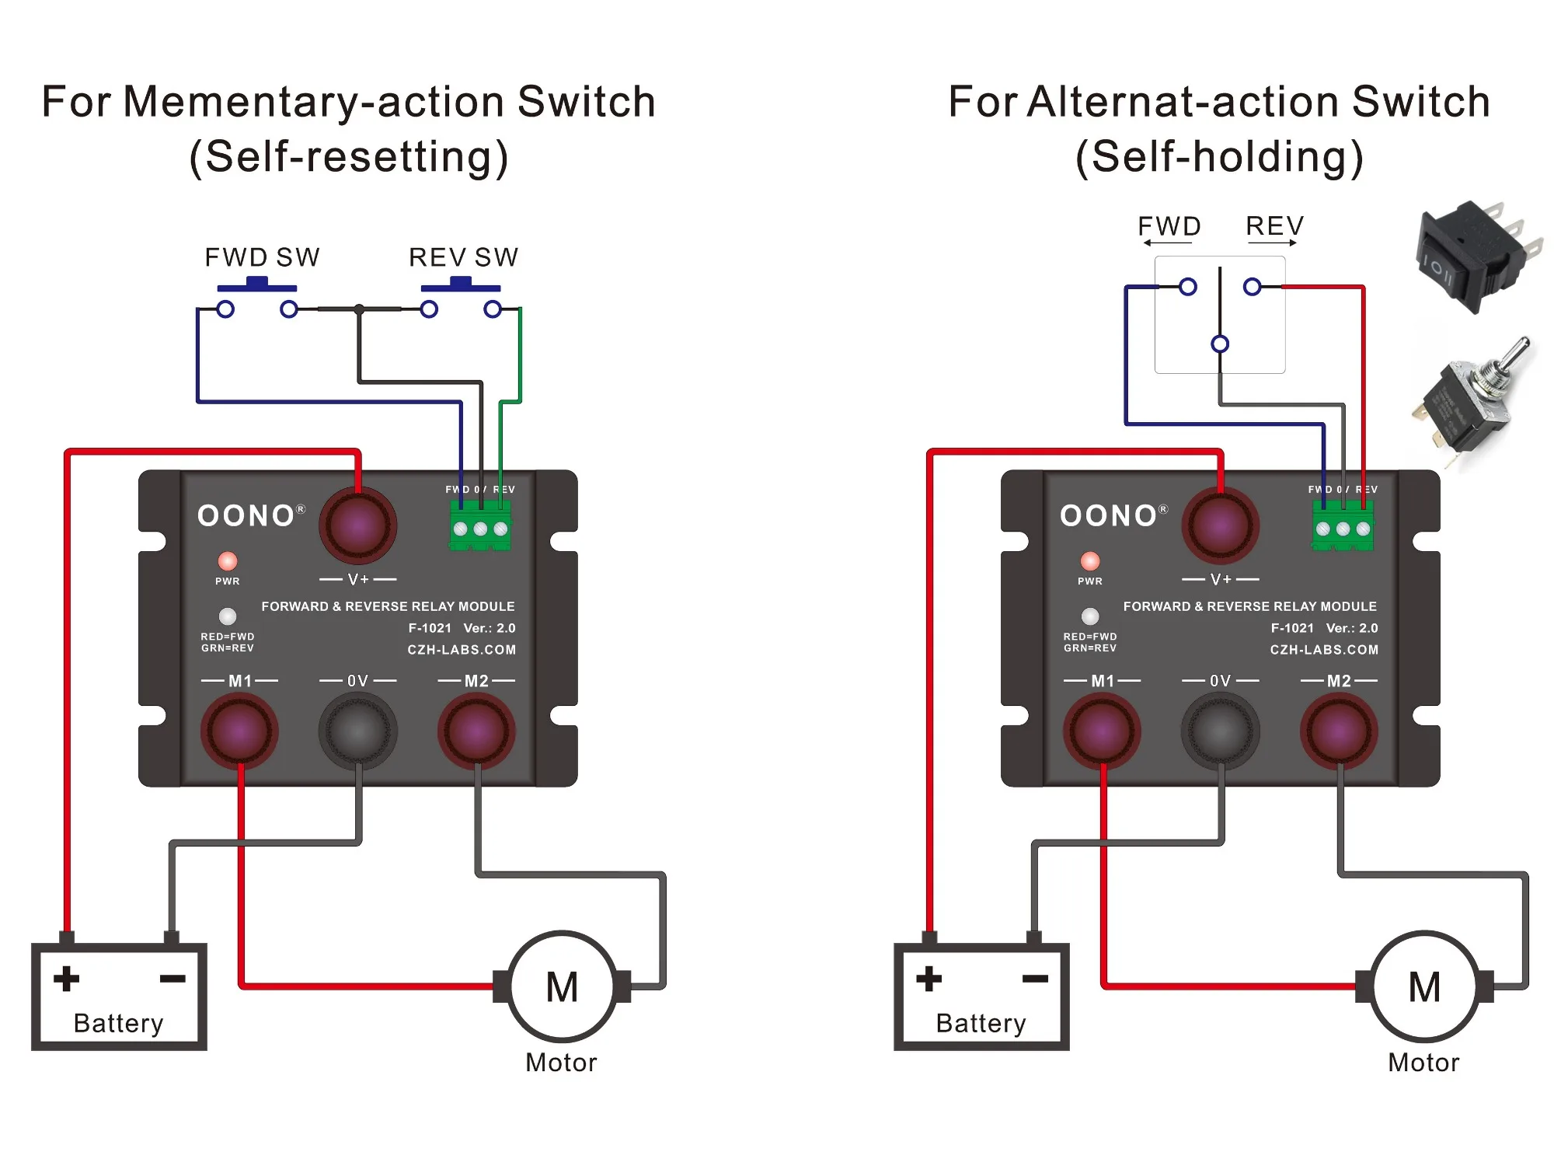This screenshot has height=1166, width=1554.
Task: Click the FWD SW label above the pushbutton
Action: coord(262,257)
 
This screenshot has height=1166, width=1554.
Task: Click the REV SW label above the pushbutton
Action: coord(463,257)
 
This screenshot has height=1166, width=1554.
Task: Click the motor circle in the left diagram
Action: coord(562,986)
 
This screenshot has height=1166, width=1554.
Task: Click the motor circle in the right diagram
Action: coord(1424,986)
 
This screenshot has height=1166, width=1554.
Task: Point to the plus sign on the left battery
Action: coord(67,979)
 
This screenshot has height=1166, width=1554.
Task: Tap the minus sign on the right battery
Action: coord(1035,979)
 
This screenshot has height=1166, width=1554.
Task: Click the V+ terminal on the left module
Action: coord(358,525)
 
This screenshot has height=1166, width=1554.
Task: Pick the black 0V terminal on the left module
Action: coord(358,731)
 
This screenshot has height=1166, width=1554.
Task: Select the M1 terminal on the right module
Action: coord(1102,731)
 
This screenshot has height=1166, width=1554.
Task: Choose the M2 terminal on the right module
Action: coord(1339,731)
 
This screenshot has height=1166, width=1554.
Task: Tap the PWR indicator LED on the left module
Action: coord(228,561)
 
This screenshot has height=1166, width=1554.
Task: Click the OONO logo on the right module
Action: coord(1110,516)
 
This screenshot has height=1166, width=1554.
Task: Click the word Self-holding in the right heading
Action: coord(1220,157)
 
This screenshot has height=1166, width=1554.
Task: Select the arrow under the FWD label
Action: coord(1168,243)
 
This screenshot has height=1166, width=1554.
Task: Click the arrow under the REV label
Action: coord(1273,243)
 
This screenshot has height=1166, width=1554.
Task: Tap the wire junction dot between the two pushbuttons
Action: coord(359,309)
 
